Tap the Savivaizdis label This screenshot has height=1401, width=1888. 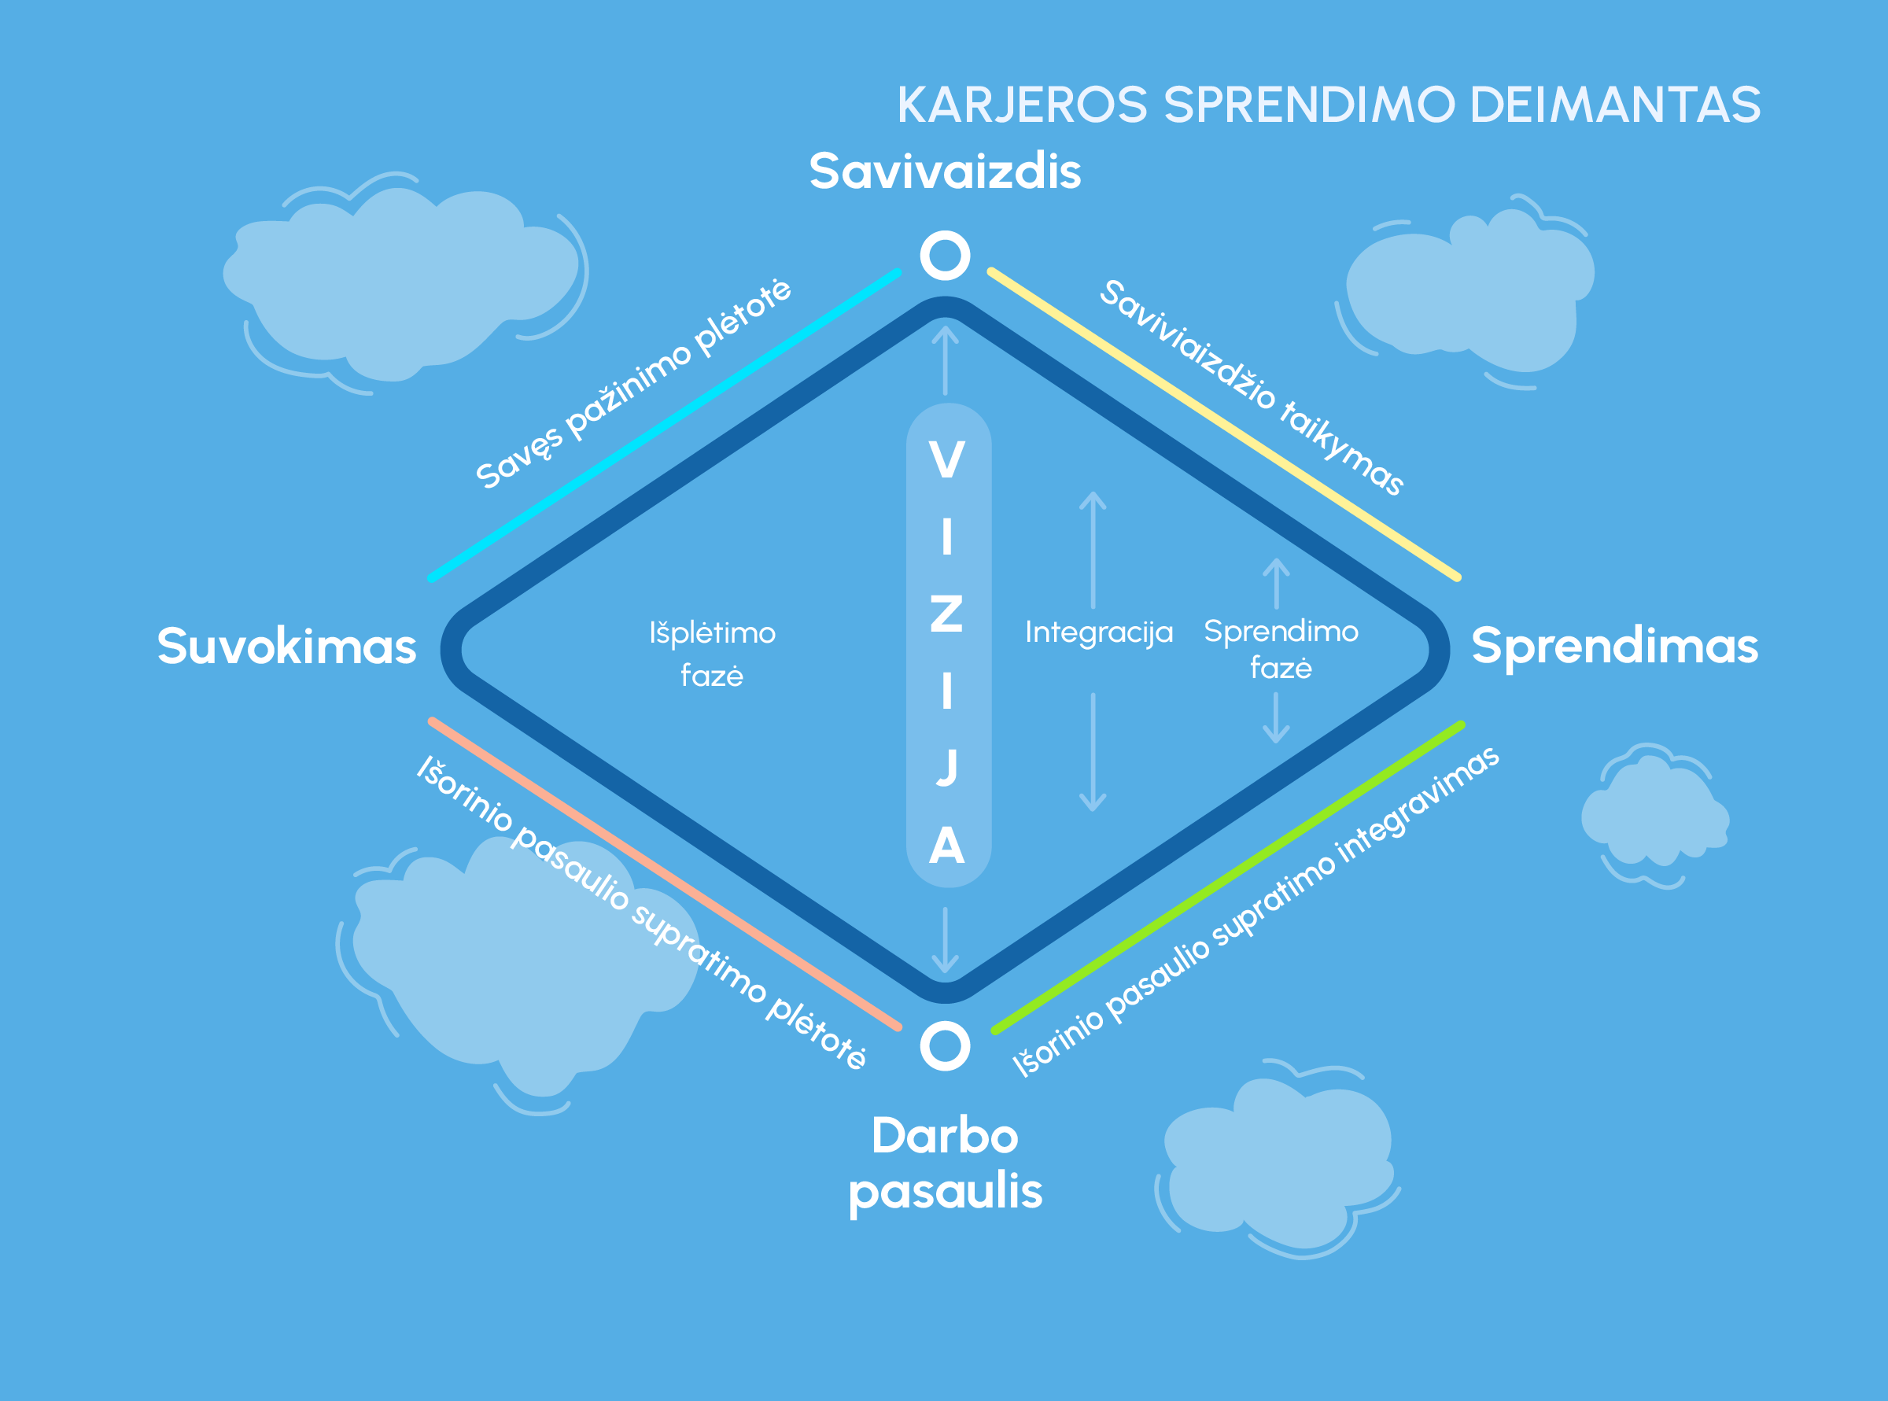click(x=945, y=171)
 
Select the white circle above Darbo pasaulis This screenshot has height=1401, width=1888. click(x=945, y=1045)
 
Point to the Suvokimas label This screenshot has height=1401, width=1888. click(x=286, y=647)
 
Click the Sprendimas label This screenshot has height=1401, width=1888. click(x=1615, y=647)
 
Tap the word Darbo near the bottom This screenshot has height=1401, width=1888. click(x=945, y=1136)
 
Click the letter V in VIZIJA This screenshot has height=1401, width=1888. click(x=946, y=460)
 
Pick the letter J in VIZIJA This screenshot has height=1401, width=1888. click(x=946, y=767)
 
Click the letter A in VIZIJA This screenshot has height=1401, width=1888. click(x=946, y=846)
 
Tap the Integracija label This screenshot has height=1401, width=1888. click(x=1098, y=632)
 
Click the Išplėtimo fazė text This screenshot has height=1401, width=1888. click(x=713, y=654)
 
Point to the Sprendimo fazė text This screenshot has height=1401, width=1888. click(x=1281, y=650)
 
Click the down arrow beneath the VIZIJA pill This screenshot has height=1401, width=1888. click(x=945, y=941)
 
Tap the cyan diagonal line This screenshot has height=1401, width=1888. click(x=665, y=425)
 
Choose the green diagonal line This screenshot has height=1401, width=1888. click(x=1228, y=877)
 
